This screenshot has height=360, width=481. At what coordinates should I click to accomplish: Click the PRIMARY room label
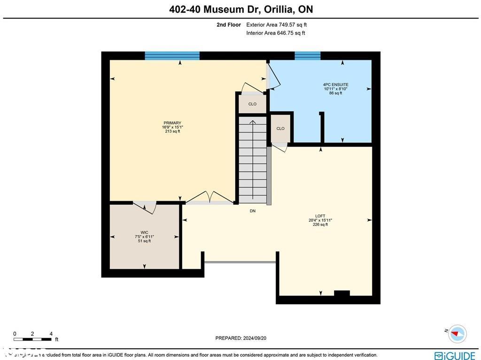pos(172,123)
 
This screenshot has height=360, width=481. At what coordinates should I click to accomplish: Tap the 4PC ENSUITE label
pos(335,85)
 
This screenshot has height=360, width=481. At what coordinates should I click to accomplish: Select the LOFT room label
pos(320,216)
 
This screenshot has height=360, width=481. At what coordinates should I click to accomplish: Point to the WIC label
pos(144,232)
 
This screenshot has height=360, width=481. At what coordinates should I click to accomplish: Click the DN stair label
pos(253,211)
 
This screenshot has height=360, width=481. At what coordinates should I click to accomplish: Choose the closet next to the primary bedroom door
pos(252,104)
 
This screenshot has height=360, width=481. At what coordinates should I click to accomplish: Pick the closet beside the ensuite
pos(280,128)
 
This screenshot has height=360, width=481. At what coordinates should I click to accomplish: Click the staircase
pos(253,160)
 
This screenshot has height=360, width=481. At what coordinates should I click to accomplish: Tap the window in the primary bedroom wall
pos(172,55)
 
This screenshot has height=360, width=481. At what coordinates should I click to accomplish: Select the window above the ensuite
pos(308,55)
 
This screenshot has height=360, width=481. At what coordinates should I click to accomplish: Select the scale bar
pos(33,339)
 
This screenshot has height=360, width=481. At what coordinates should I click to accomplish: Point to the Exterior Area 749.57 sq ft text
pos(276,25)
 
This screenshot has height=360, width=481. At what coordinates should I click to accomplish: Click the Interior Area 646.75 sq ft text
pos(275,33)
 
